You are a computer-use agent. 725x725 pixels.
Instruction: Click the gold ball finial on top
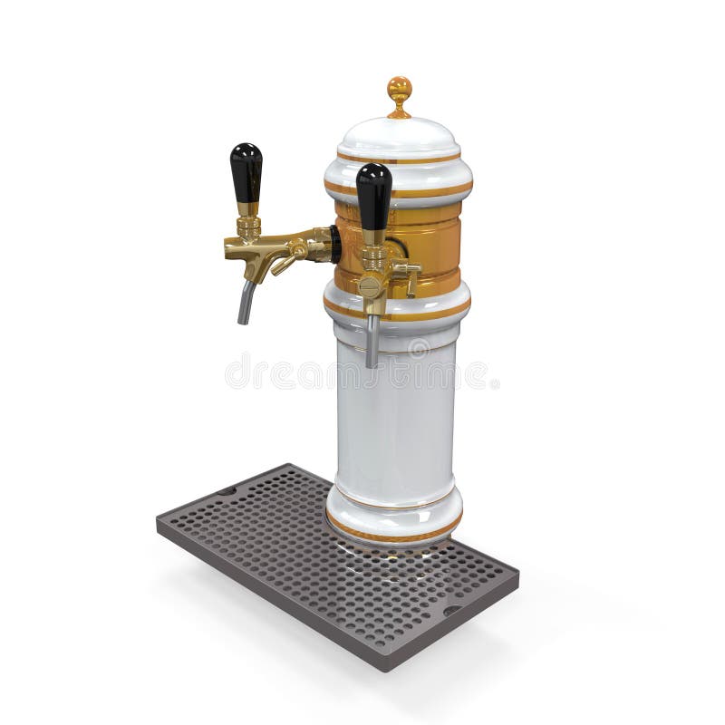click(399, 89)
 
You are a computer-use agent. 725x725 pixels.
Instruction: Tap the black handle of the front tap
click(373, 194)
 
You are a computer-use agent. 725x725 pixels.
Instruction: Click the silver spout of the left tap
click(246, 302)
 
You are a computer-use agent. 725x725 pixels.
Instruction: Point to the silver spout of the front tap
click(372, 340)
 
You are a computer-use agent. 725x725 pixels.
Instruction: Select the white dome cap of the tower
click(399, 136)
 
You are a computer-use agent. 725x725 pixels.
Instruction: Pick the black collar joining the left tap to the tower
click(335, 244)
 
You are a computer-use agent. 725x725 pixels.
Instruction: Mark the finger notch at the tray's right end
click(452, 610)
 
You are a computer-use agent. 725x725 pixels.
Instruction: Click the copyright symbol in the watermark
click(419, 348)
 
